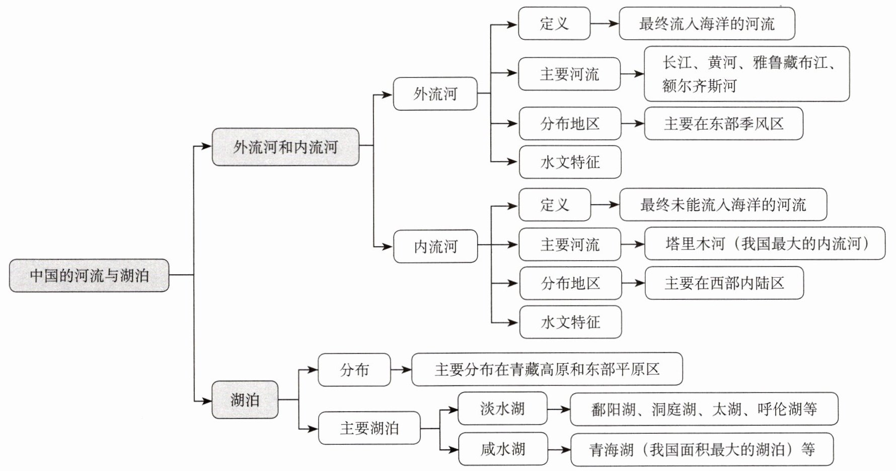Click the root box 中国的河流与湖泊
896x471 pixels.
89,275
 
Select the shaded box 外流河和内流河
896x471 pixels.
285,147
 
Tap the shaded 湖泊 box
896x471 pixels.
245,400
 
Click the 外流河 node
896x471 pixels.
435,94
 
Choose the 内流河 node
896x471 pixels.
435,246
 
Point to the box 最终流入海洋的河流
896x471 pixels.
707,24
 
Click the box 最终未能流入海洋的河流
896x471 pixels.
723,205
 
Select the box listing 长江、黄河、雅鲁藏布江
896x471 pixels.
746,74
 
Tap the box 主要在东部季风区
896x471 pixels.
723,124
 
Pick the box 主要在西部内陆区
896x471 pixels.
724,283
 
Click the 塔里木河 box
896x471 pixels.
765,244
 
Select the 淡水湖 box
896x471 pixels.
502,408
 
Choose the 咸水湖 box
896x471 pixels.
503,448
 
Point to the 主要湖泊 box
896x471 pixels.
369,428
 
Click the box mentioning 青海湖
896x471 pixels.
702,449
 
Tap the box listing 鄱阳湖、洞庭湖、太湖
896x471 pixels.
704,409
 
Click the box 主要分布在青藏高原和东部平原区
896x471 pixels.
547,369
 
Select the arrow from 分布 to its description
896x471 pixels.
401,370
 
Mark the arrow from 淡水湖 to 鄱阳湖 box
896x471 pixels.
558,409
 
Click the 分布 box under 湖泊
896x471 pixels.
354,370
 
